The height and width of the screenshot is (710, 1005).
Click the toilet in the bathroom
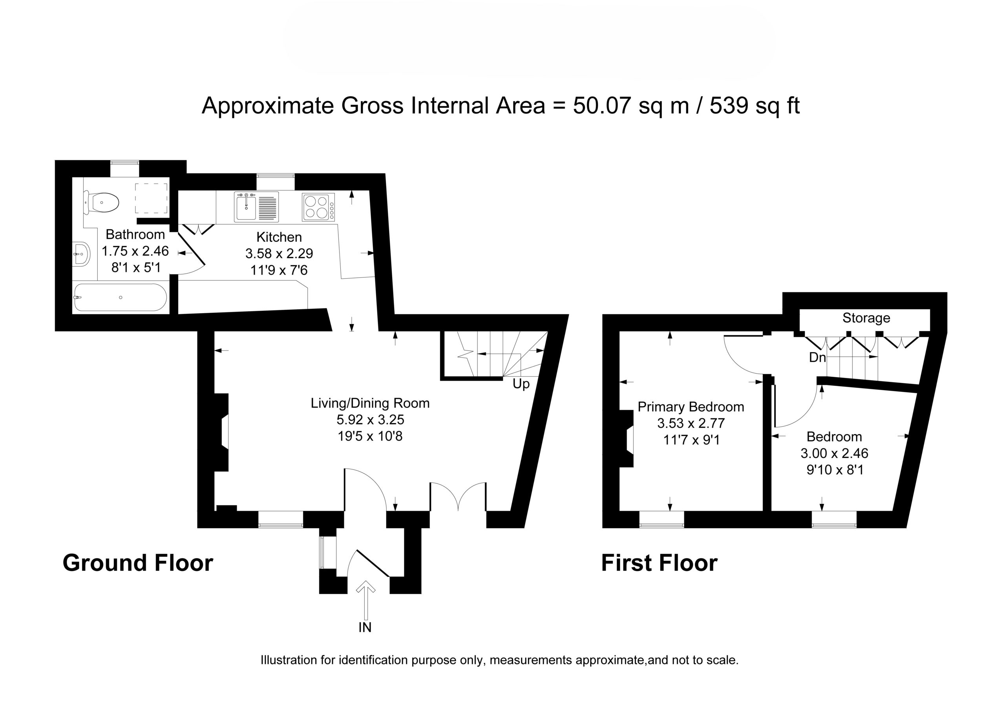(x=102, y=203)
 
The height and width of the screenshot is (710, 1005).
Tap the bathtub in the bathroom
(x=121, y=298)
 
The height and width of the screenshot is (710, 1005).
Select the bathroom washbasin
(x=81, y=254)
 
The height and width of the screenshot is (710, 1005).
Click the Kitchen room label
(x=279, y=237)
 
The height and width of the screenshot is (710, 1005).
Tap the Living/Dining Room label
(x=370, y=403)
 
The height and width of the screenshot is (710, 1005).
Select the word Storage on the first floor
(x=866, y=318)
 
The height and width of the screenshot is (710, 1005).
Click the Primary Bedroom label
(x=691, y=407)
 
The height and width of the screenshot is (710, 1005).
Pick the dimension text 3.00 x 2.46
(x=834, y=453)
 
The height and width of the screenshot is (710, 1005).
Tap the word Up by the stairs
(x=521, y=384)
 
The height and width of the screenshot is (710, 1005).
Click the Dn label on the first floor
(x=817, y=358)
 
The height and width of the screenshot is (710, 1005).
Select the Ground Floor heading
(x=138, y=563)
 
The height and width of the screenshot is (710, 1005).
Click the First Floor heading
(x=659, y=563)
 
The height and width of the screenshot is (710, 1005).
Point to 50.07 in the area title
(x=602, y=106)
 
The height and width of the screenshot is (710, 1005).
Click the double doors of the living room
(x=458, y=497)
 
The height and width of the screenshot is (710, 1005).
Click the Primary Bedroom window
(x=661, y=519)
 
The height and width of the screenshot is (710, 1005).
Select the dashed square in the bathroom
(x=151, y=197)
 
